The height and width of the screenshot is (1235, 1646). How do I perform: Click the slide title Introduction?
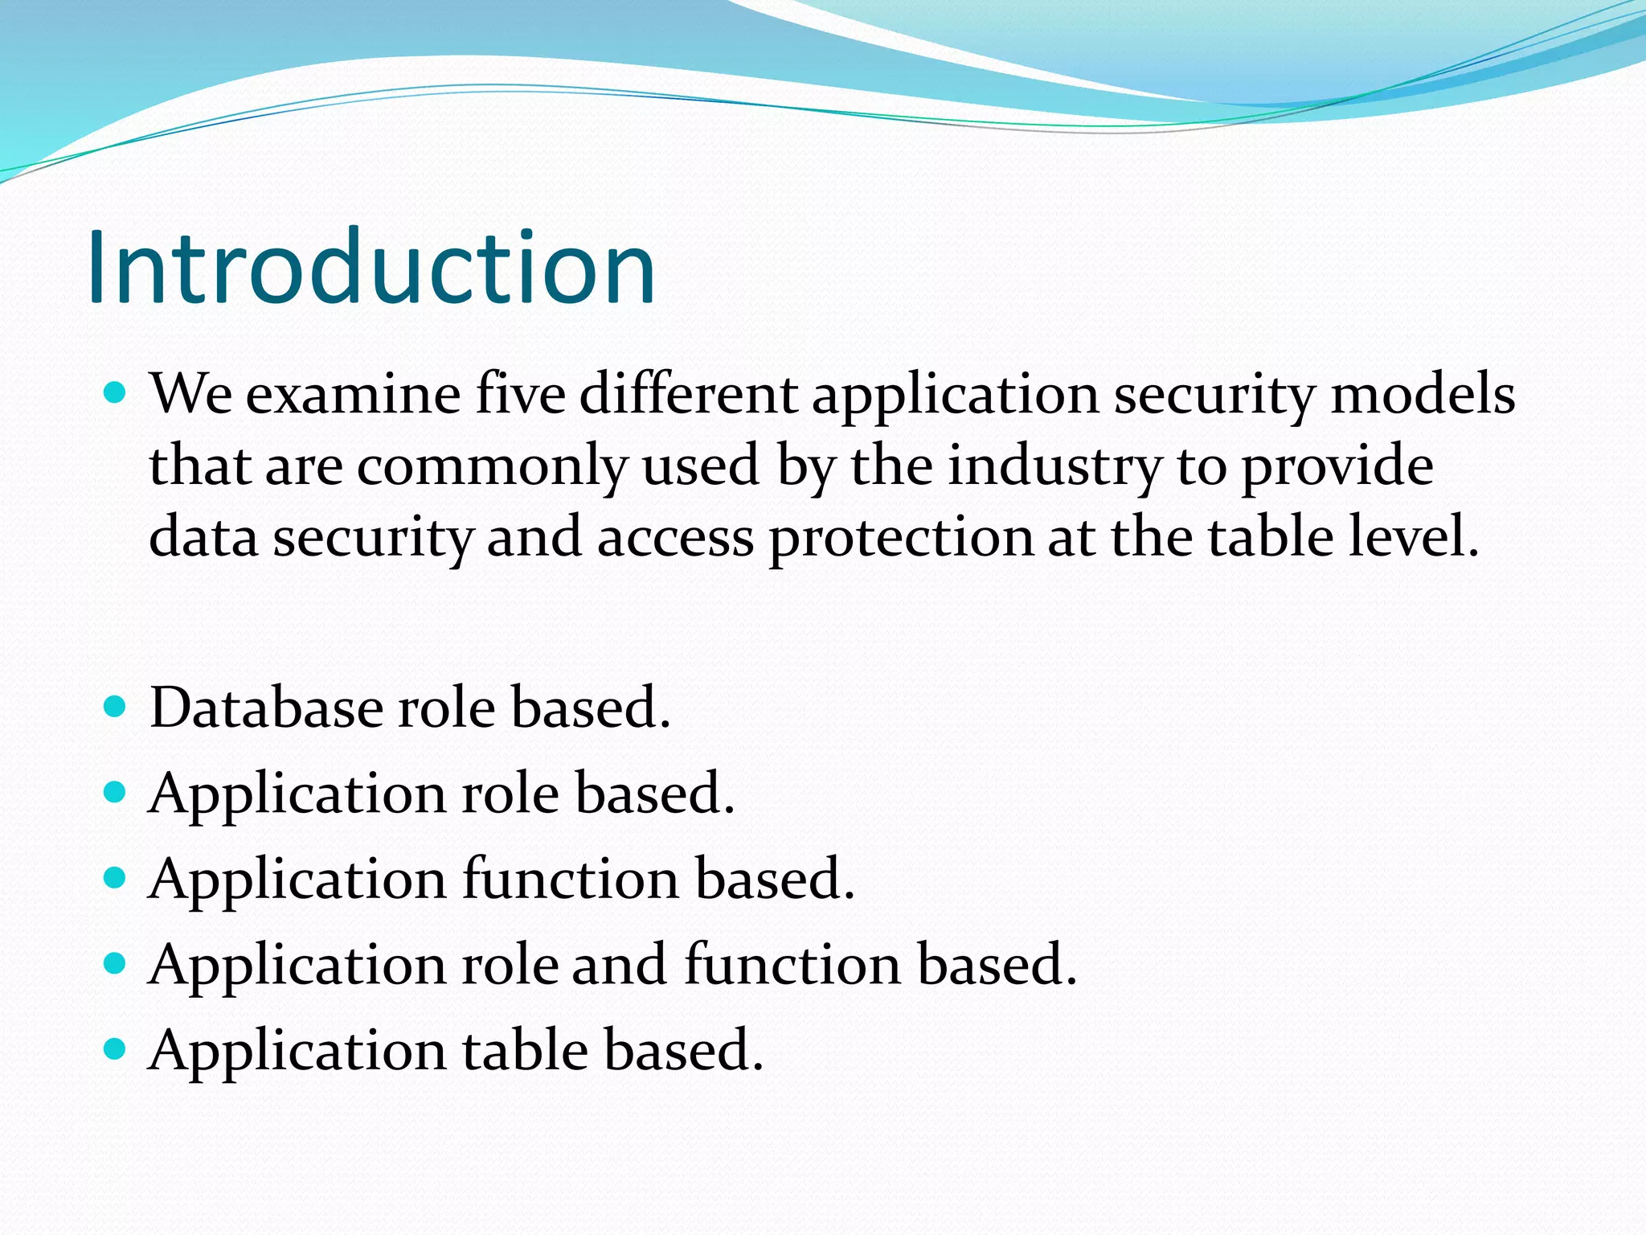[371, 267]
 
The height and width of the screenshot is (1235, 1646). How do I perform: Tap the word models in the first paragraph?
[1423, 394]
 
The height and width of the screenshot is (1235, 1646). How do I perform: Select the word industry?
[1054, 466]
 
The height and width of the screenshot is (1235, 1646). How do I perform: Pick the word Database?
[266, 708]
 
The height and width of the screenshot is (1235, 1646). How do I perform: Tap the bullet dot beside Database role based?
[116, 707]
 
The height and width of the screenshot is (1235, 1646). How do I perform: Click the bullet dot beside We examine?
[116, 393]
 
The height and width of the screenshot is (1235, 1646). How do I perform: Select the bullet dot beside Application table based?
[116, 1048]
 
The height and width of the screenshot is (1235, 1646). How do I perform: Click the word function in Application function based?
[571, 878]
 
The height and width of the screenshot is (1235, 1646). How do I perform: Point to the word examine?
[353, 394]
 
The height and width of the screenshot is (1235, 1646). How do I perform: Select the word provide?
[1337, 466]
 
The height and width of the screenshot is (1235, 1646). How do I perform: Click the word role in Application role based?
[510, 794]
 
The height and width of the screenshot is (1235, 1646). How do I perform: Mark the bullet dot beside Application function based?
[116, 877]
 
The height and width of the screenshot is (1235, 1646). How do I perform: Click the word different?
[688, 394]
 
